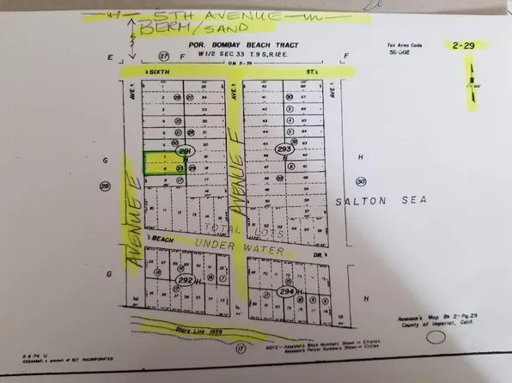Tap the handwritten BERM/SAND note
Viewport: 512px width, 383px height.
coord(185,33)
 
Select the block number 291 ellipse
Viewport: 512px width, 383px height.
coord(183,152)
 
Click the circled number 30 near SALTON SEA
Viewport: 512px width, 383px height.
coord(361,182)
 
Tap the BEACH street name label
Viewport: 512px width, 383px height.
coord(159,238)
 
